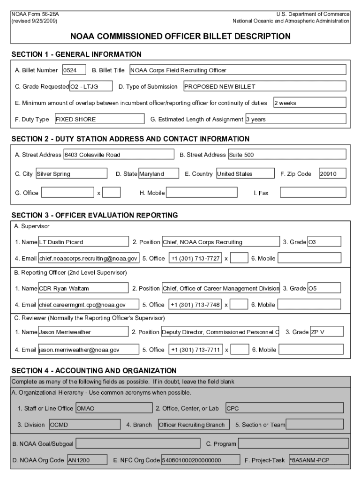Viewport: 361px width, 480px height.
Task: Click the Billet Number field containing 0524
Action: point(74,70)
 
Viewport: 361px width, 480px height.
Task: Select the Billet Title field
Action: point(237,70)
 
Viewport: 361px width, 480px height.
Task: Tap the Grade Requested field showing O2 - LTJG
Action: point(91,86)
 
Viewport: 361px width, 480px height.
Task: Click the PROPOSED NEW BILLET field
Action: point(264,86)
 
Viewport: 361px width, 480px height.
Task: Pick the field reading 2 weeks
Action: point(309,103)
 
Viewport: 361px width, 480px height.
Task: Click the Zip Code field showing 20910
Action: point(332,174)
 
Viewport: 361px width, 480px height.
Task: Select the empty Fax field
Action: point(313,193)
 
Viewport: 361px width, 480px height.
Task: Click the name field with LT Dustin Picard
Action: point(83,242)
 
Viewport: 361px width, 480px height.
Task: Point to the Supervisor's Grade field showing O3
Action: point(324,242)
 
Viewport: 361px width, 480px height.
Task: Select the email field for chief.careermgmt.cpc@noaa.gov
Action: point(89,305)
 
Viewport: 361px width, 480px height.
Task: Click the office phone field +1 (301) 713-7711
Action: point(195,350)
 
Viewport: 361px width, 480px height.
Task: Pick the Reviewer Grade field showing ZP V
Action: point(327,332)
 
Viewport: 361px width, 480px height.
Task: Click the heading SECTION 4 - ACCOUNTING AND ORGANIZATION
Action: point(94,370)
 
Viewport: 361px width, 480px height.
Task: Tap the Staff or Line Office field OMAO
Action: point(113,408)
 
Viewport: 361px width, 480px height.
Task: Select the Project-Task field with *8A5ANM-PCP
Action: point(318,460)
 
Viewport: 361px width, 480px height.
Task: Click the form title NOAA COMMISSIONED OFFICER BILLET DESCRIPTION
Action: point(180,36)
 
